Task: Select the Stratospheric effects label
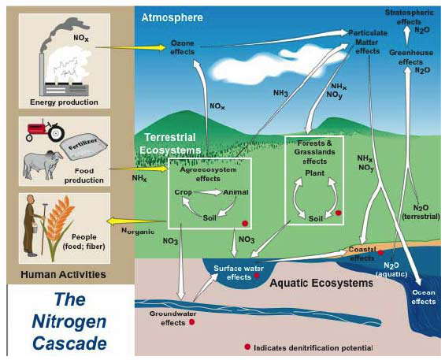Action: click(408, 17)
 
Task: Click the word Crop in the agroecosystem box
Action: click(184, 191)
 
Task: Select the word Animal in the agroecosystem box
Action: click(235, 191)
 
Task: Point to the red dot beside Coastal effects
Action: click(380, 252)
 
